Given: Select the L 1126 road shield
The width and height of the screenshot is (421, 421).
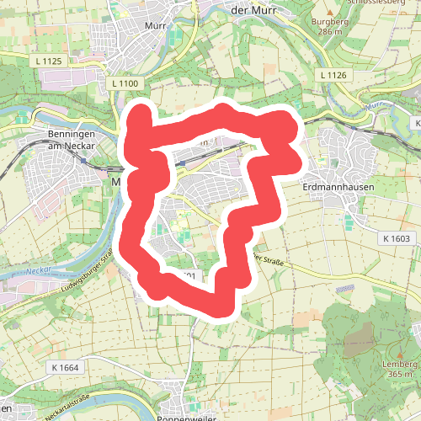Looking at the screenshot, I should tap(333, 75).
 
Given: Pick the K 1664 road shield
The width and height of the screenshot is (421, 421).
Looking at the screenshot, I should tap(64, 367).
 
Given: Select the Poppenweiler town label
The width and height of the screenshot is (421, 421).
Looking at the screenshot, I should tap(187, 416).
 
